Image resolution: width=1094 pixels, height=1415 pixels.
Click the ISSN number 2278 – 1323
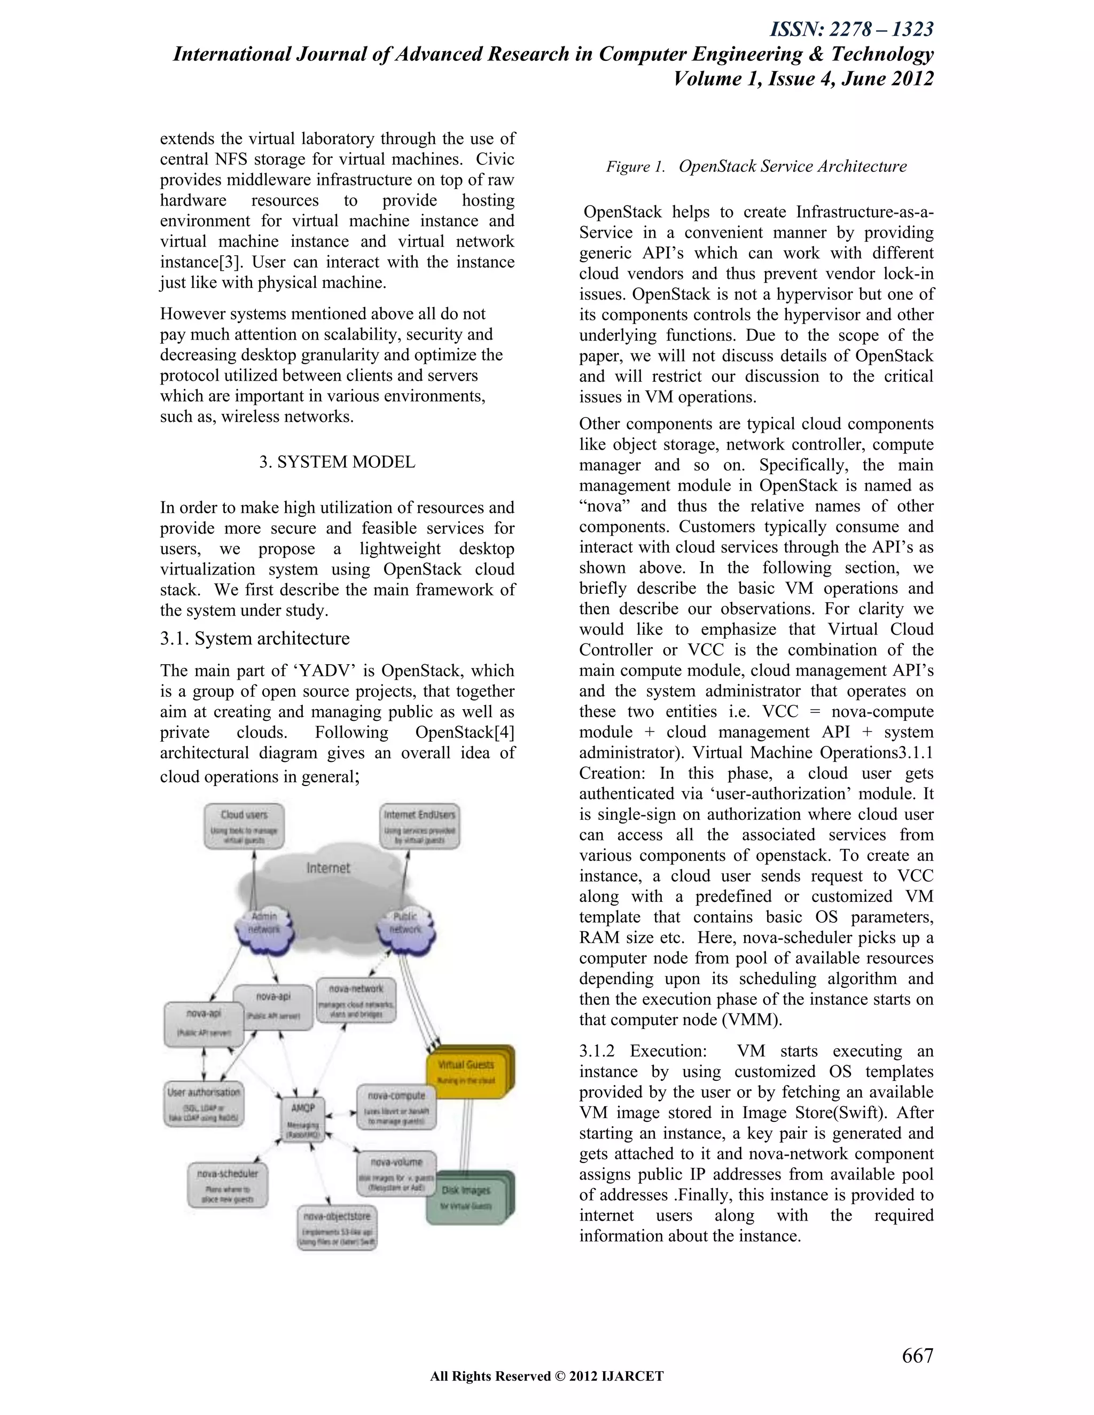(x=851, y=29)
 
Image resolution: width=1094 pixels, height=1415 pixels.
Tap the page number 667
(x=917, y=1355)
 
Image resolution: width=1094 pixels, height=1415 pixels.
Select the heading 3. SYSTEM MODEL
(x=337, y=462)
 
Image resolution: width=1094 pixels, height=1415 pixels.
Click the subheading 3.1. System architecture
(x=255, y=638)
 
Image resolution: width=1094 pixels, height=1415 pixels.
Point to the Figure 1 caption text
(x=756, y=167)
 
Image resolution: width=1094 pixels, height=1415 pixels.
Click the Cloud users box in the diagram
(x=244, y=826)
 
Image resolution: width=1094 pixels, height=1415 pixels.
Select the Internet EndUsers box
(x=419, y=826)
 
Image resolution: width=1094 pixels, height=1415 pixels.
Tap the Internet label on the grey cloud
(x=328, y=868)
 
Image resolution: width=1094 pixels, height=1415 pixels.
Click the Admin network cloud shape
(x=264, y=923)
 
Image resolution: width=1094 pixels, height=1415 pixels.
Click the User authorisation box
(x=204, y=1104)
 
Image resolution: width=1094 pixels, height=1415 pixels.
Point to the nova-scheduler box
(x=228, y=1185)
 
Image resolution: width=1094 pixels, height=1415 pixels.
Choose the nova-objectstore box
(x=337, y=1227)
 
